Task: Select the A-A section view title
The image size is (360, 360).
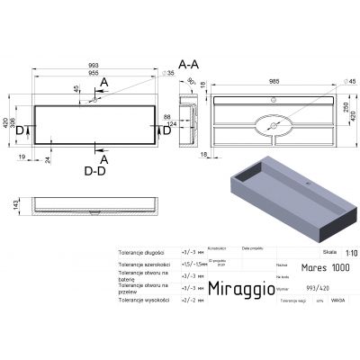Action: (x=189, y=65)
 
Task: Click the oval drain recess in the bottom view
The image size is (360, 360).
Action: (x=270, y=124)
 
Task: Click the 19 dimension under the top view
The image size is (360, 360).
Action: (x=22, y=156)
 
